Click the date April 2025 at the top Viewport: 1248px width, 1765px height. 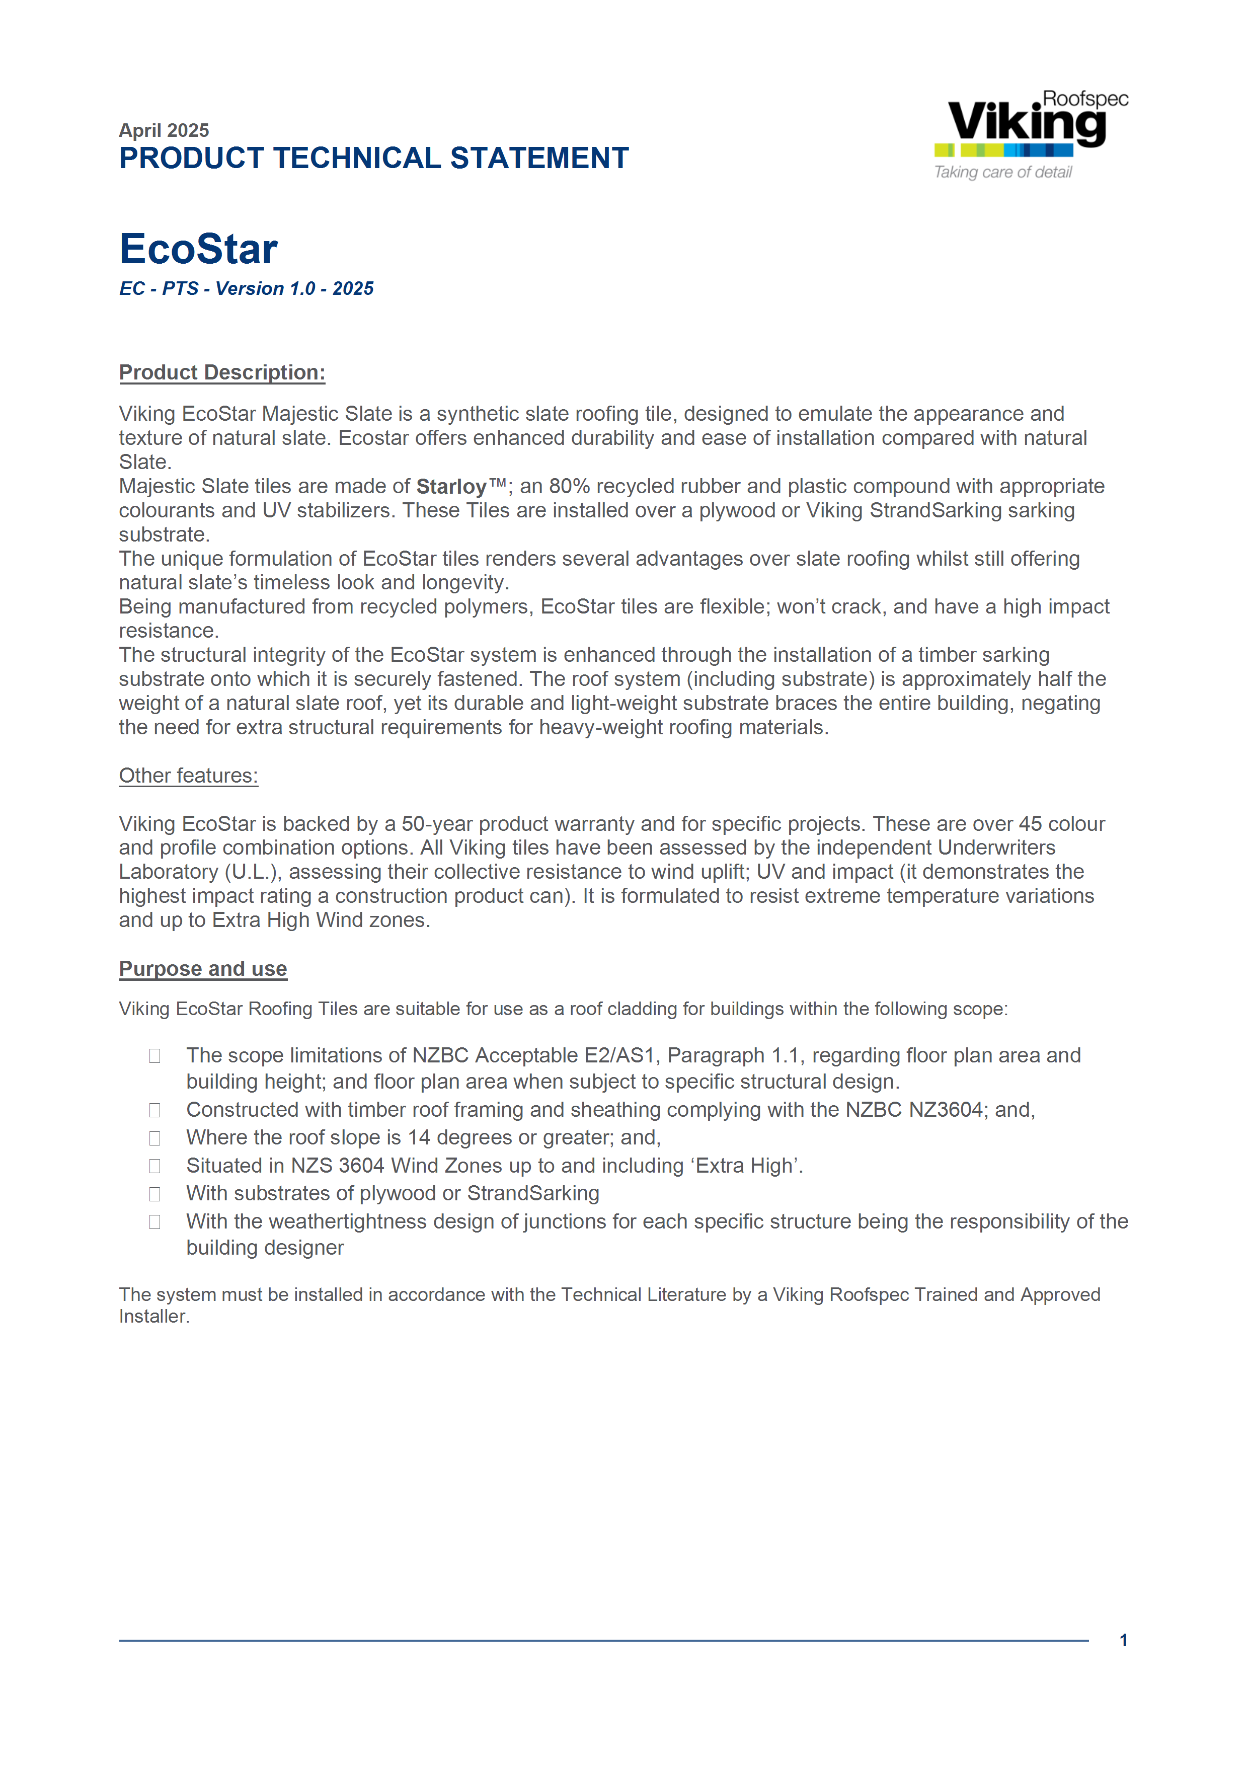click(x=164, y=130)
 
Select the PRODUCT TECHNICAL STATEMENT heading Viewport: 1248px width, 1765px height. click(x=373, y=159)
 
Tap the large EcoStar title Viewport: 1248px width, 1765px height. click(x=198, y=249)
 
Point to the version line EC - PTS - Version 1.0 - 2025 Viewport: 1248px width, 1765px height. click(x=246, y=288)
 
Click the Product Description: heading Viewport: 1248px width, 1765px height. click(x=222, y=373)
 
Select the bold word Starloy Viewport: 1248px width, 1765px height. click(x=451, y=487)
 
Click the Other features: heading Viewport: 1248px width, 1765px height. click(x=188, y=776)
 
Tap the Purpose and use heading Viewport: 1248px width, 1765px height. click(x=203, y=969)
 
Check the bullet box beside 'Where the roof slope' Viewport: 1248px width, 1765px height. click(x=154, y=1138)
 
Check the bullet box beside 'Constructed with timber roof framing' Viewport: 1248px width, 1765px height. click(x=154, y=1111)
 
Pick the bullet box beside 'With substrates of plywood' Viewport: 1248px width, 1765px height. click(x=154, y=1194)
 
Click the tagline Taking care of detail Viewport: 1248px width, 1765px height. click(x=1003, y=172)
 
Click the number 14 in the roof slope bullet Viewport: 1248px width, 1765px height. click(x=419, y=1138)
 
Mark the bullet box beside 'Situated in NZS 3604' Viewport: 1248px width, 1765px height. click(x=154, y=1166)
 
